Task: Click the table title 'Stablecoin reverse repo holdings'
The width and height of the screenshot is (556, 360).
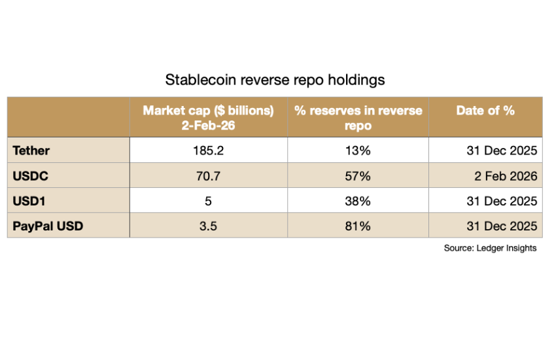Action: pos(275,81)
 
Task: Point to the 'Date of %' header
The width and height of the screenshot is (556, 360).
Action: pos(485,110)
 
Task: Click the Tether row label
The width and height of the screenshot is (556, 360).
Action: pos(31,151)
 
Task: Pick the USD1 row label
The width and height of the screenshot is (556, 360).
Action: pos(28,200)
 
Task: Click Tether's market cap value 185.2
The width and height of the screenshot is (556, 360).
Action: pos(208,151)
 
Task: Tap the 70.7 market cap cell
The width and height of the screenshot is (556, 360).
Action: pos(208,175)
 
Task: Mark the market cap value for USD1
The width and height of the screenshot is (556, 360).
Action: pos(208,200)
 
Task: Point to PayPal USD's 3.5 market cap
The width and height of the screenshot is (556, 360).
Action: pos(208,226)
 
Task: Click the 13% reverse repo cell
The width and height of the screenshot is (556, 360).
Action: pos(358,151)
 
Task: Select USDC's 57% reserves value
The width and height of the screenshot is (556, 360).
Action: pos(358,175)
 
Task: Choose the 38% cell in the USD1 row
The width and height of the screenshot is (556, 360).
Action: pos(358,200)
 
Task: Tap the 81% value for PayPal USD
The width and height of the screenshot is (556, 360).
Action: pos(358,226)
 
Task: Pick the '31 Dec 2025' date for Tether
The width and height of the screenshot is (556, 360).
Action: pos(502,151)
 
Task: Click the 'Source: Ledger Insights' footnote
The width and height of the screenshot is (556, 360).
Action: pos(489,249)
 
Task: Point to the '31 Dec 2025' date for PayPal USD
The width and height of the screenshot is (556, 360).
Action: pos(502,226)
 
